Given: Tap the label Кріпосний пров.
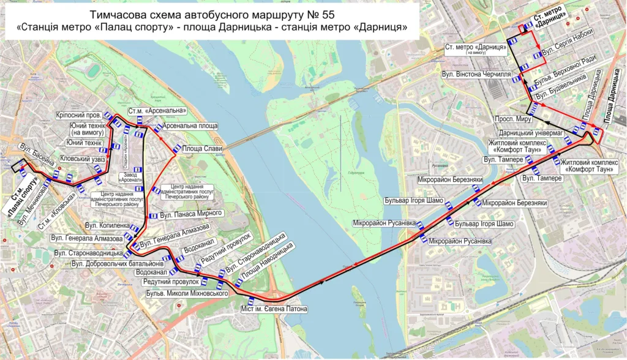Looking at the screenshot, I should click(x=78, y=115).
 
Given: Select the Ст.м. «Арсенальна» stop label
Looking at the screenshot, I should click(x=156, y=111).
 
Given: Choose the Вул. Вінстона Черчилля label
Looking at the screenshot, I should click(x=476, y=74).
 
